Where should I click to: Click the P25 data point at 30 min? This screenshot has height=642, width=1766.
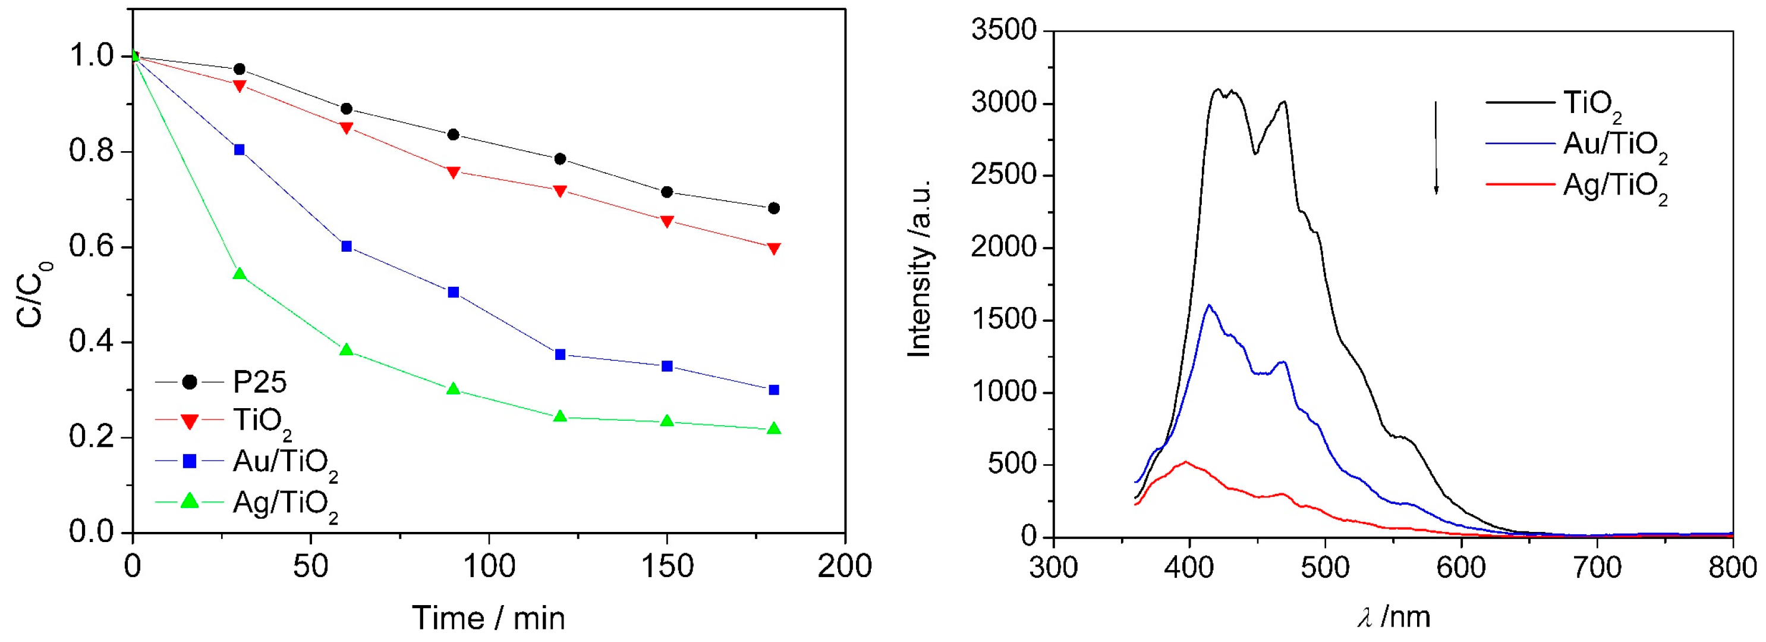tap(240, 69)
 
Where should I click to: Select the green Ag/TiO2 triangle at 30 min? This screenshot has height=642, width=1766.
tap(240, 274)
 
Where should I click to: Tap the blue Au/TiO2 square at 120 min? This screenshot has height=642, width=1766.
tap(560, 355)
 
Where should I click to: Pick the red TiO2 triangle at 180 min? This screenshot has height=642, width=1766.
tap(774, 248)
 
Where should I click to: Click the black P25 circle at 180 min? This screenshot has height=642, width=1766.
tap(774, 208)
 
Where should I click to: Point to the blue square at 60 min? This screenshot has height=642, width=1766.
tap(346, 246)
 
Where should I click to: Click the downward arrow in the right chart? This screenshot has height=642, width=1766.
tap(1436, 148)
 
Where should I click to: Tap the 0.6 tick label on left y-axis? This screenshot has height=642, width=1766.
tap(90, 247)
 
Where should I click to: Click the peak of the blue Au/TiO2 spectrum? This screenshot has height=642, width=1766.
tap(1208, 305)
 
